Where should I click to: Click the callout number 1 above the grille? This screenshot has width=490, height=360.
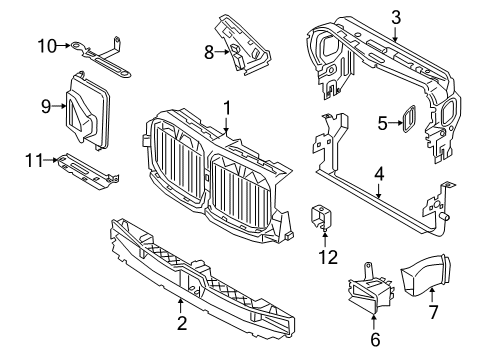(x=227, y=106)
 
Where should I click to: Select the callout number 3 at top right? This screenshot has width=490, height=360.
(x=396, y=17)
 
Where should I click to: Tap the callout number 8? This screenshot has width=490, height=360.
(x=209, y=51)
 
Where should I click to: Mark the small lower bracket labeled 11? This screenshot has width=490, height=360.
(x=87, y=169)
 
